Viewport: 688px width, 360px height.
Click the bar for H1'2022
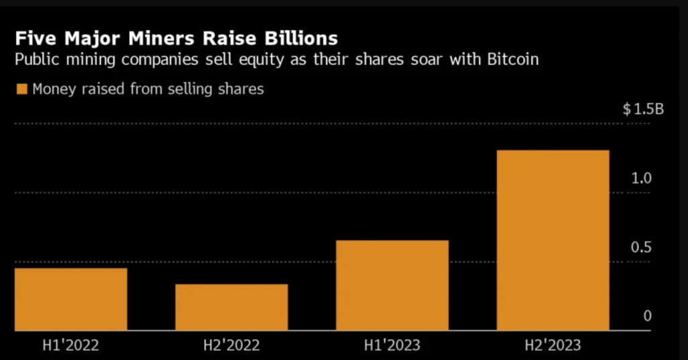(x=71, y=299)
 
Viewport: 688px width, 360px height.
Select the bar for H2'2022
(x=232, y=307)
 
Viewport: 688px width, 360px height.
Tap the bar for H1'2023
(x=392, y=285)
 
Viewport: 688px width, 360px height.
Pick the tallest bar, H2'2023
(x=553, y=240)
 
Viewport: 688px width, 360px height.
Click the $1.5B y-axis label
(x=643, y=109)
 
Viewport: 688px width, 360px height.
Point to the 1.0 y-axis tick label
(x=642, y=179)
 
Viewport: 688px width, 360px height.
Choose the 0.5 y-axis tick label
(x=642, y=248)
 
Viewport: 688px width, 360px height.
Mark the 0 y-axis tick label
(x=647, y=316)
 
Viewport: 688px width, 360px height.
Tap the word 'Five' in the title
(x=34, y=36)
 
